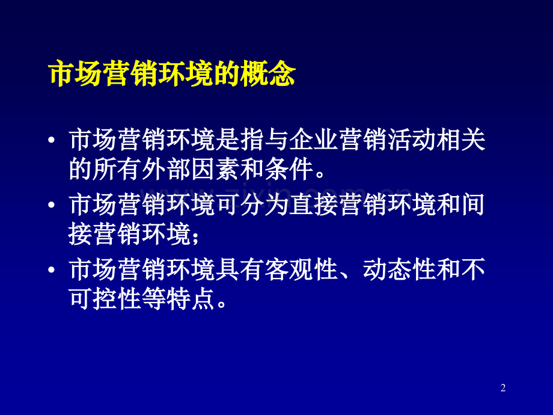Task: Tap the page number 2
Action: (x=503, y=389)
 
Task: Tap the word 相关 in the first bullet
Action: (x=461, y=142)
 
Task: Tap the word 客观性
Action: (x=301, y=270)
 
